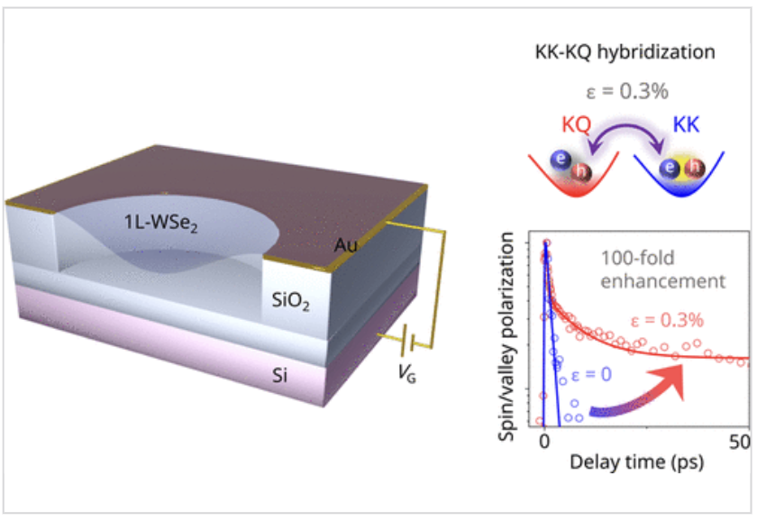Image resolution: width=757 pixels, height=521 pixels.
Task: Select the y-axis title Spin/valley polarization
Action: (509, 334)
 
